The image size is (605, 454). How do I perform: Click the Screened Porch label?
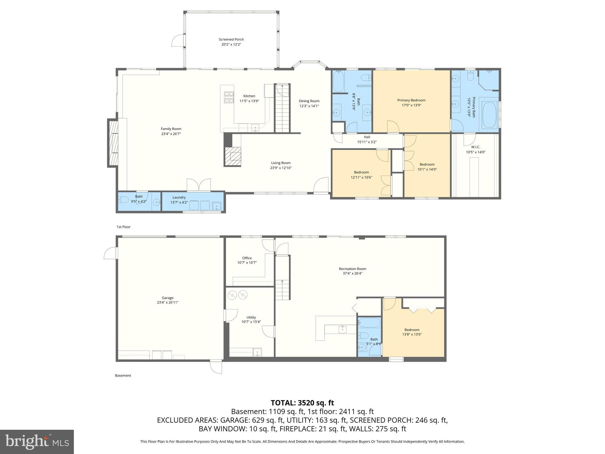pos(231,39)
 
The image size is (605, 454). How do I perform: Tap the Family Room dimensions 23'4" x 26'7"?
pos(171,134)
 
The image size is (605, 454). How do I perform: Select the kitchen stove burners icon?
pos(229,97)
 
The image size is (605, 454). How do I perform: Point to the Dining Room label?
pos(309,101)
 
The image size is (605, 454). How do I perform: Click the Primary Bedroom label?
pos(411,100)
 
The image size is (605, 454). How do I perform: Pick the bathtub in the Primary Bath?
pos(489,115)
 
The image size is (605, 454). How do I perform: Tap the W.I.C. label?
pos(476,147)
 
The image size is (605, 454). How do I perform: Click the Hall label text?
pos(367,137)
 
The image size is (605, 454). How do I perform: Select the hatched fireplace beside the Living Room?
pos(233,156)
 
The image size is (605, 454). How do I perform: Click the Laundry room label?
pos(179,197)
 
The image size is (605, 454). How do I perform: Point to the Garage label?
pos(167,298)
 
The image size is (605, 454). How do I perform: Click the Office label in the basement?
pos(247,258)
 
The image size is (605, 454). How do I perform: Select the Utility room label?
pos(251,317)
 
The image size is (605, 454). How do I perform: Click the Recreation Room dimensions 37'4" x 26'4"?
pos(352,273)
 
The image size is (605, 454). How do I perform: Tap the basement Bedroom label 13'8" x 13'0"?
pos(412,334)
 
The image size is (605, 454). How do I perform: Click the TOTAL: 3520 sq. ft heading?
pos(302,403)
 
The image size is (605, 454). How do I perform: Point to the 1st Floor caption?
pos(123,227)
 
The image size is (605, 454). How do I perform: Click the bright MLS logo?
pos(37,442)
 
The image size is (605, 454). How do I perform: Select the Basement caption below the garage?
pos(123,376)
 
